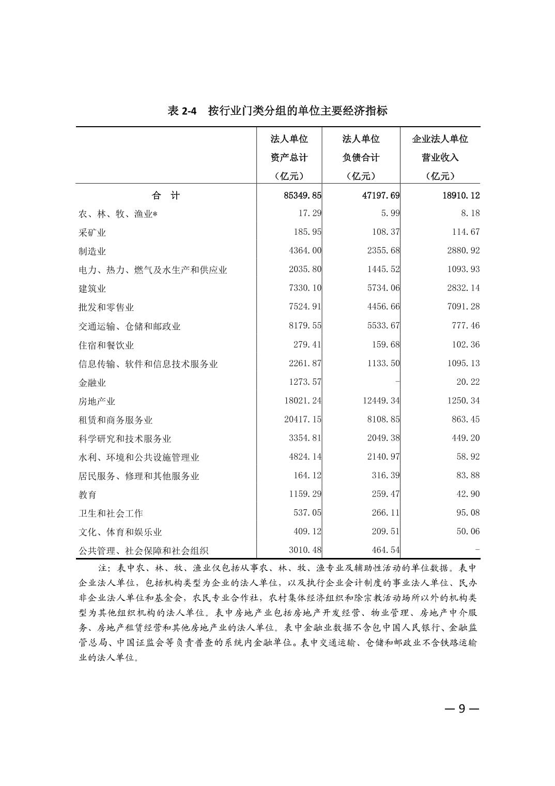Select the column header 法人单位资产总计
pyautogui.click(x=289, y=157)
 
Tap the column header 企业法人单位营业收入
pyautogui.click(x=440, y=157)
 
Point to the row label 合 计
pyautogui.click(x=166, y=195)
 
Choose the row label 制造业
pyautogui.click(x=92, y=251)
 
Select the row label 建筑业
pyautogui.click(x=92, y=289)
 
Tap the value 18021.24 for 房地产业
pyautogui.click(x=302, y=401)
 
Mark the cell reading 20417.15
pyautogui.click(x=302, y=419)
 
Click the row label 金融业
pyautogui.click(x=92, y=383)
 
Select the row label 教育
pyautogui.click(x=87, y=495)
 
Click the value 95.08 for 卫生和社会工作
pyautogui.click(x=468, y=512)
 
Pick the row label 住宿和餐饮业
pyautogui.click(x=106, y=345)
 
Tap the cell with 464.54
pyautogui.click(x=386, y=550)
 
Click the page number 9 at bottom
pyautogui.click(x=463, y=708)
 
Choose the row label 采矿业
pyautogui.click(x=92, y=233)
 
